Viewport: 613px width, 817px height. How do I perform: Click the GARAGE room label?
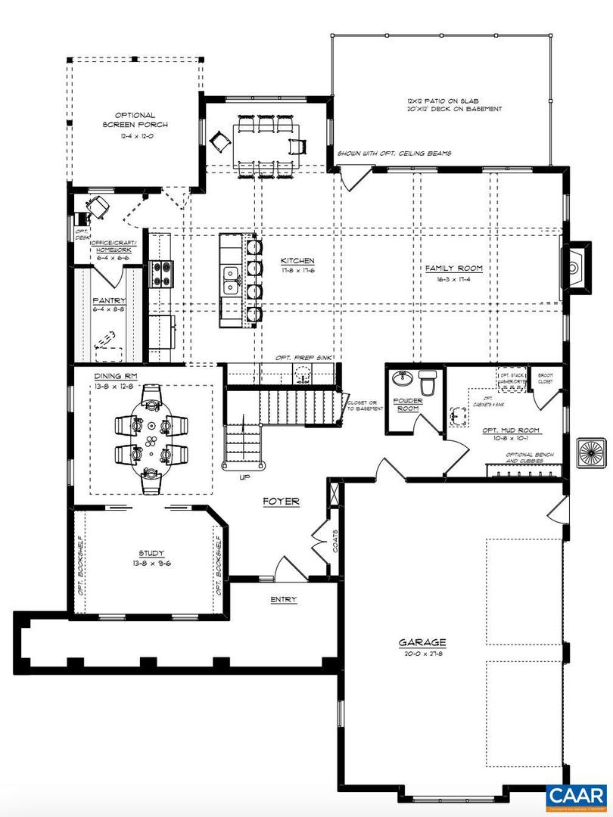tap(422, 643)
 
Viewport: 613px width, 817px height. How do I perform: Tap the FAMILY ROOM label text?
tap(453, 269)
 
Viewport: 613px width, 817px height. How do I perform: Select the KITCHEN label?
tap(297, 260)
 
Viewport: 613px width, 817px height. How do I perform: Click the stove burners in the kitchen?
tap(161, 272)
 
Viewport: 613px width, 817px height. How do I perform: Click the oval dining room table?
tap(151, 434)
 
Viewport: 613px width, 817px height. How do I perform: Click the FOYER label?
tap(281, 501)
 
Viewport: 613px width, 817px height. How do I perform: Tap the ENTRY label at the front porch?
tap(284, 600)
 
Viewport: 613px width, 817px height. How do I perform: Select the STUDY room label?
tap(151, 553)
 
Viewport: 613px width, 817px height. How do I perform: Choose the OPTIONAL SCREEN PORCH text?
tap(135, 120)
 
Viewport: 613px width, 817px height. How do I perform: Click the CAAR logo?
tap(577, 796)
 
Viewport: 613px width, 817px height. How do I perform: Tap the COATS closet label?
tap(335, 542)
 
